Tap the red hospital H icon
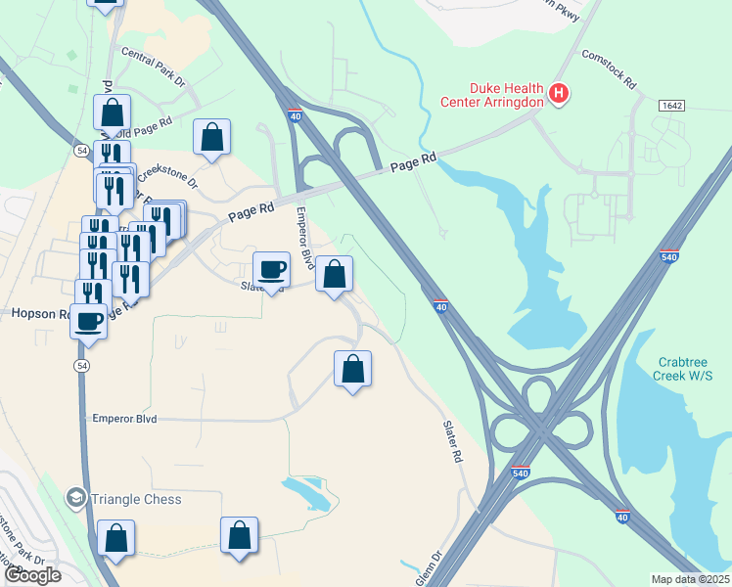558,94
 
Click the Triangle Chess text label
136,499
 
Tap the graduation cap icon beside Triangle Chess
75,499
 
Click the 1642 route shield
671,105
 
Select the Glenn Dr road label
429,567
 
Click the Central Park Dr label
154,68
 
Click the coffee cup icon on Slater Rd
271,268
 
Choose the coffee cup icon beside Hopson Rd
89,319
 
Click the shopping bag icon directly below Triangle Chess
115,537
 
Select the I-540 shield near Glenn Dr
521,473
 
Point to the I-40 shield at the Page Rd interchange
295,116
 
